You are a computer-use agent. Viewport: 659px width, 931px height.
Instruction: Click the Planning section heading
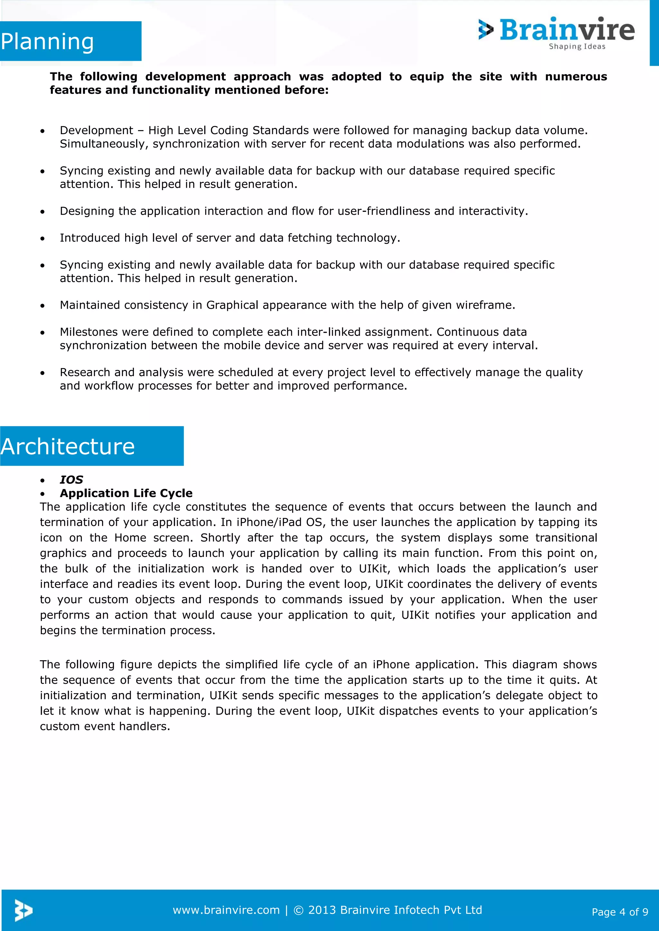click(x=48, y=42)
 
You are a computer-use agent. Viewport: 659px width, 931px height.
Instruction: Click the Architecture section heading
click(x=68, y=447)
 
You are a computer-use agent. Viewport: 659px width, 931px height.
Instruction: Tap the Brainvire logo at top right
click(x=557, y=31)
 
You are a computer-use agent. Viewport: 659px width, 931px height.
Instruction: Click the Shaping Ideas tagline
click(x=577, y=47)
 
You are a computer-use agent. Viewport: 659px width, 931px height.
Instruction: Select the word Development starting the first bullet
click(x=96, y=131)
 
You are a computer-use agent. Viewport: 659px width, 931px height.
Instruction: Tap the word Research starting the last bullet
click(x=85, y=373)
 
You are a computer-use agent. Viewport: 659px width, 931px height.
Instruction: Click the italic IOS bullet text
click(x=71, y=480)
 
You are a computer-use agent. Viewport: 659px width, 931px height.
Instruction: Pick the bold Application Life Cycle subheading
click(x=126, y=493)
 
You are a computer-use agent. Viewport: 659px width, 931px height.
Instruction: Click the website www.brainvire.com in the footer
click(x=226, y=910)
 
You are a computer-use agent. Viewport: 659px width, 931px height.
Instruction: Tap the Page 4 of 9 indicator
click(x=620, y=912)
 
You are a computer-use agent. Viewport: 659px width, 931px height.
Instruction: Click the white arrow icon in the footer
click(x=23, y=910)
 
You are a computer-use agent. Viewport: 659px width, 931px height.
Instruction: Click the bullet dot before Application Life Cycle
click(x=42, y=494)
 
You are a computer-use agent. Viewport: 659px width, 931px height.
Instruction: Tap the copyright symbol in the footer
click(x=298, y=911)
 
